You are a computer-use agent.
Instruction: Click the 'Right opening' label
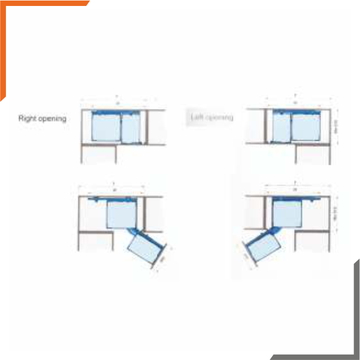42,119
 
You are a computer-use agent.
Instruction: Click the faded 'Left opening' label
212,117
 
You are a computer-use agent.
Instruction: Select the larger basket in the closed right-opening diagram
105,128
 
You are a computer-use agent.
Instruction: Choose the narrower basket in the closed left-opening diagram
281,128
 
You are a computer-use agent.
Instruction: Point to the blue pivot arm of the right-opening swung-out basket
135,232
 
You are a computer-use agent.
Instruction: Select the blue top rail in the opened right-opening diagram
114,197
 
